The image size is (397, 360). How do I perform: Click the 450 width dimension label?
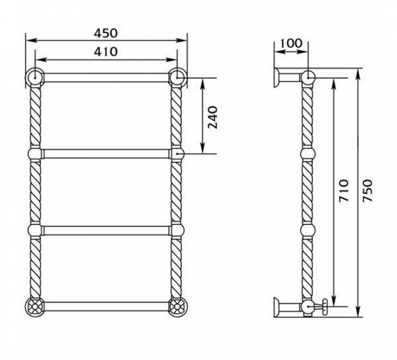pyautogui.click(x=106, y=33)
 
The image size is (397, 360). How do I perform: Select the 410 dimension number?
pyautogui.click(x=106, y=52)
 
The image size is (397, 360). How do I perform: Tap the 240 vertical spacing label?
pyautogui.click(x=212, y=118)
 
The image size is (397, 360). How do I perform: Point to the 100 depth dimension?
pyautogui.click(x=291, y=43)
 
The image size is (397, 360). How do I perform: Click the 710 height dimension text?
pyautogui.click(x=344, y=191)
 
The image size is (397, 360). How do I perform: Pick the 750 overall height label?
pyautogui.click(x=367, y=191)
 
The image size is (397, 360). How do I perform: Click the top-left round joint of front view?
pyautogui.click(x=35, y=77)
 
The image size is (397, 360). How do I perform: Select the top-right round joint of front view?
pyautogui.click(x=177, y=77)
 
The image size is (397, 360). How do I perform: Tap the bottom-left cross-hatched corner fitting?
pyautogui.click(x=34, y=307)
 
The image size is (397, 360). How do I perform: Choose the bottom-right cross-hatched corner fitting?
pyautogui.click(x=178, y=307)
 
